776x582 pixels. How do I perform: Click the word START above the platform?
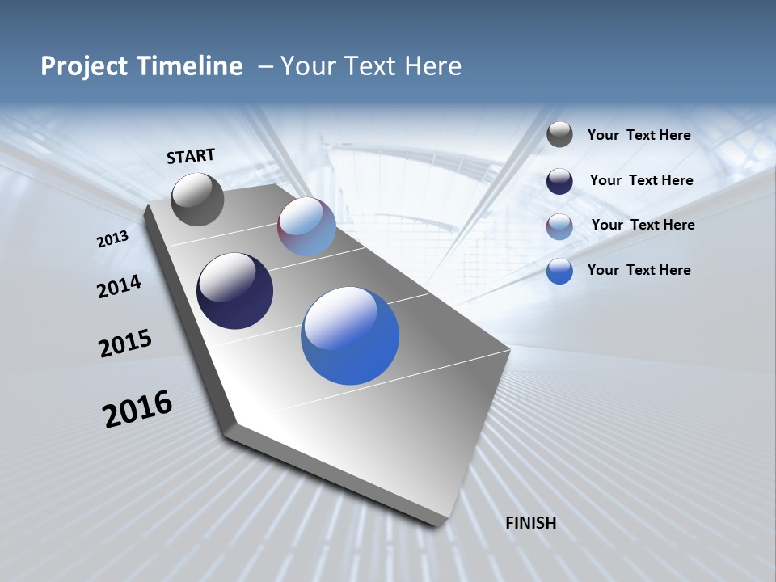point(191,156)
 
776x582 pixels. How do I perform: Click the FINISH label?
point(530,522)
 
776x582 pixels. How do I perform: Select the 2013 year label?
point(112,239)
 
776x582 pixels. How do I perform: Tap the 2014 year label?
point(119,286)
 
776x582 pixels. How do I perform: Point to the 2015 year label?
point(124,344)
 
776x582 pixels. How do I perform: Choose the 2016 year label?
point(137,409)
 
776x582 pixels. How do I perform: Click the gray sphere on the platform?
point(197,200)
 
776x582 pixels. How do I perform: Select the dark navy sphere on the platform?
point(234,291)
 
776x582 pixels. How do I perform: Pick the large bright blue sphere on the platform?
point(350,335)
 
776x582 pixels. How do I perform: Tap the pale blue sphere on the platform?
point(306,226)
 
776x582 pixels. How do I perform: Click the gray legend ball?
point(559,135)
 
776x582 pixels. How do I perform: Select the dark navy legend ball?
point(559,180)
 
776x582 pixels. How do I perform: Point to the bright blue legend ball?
point(559,271)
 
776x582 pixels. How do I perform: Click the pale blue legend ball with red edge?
point(559,226)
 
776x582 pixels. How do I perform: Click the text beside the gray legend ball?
point(639,135)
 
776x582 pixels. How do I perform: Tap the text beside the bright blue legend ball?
point(639,270)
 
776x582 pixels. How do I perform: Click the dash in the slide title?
point(265,66)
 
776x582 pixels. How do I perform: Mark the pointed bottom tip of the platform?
point(441,524)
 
